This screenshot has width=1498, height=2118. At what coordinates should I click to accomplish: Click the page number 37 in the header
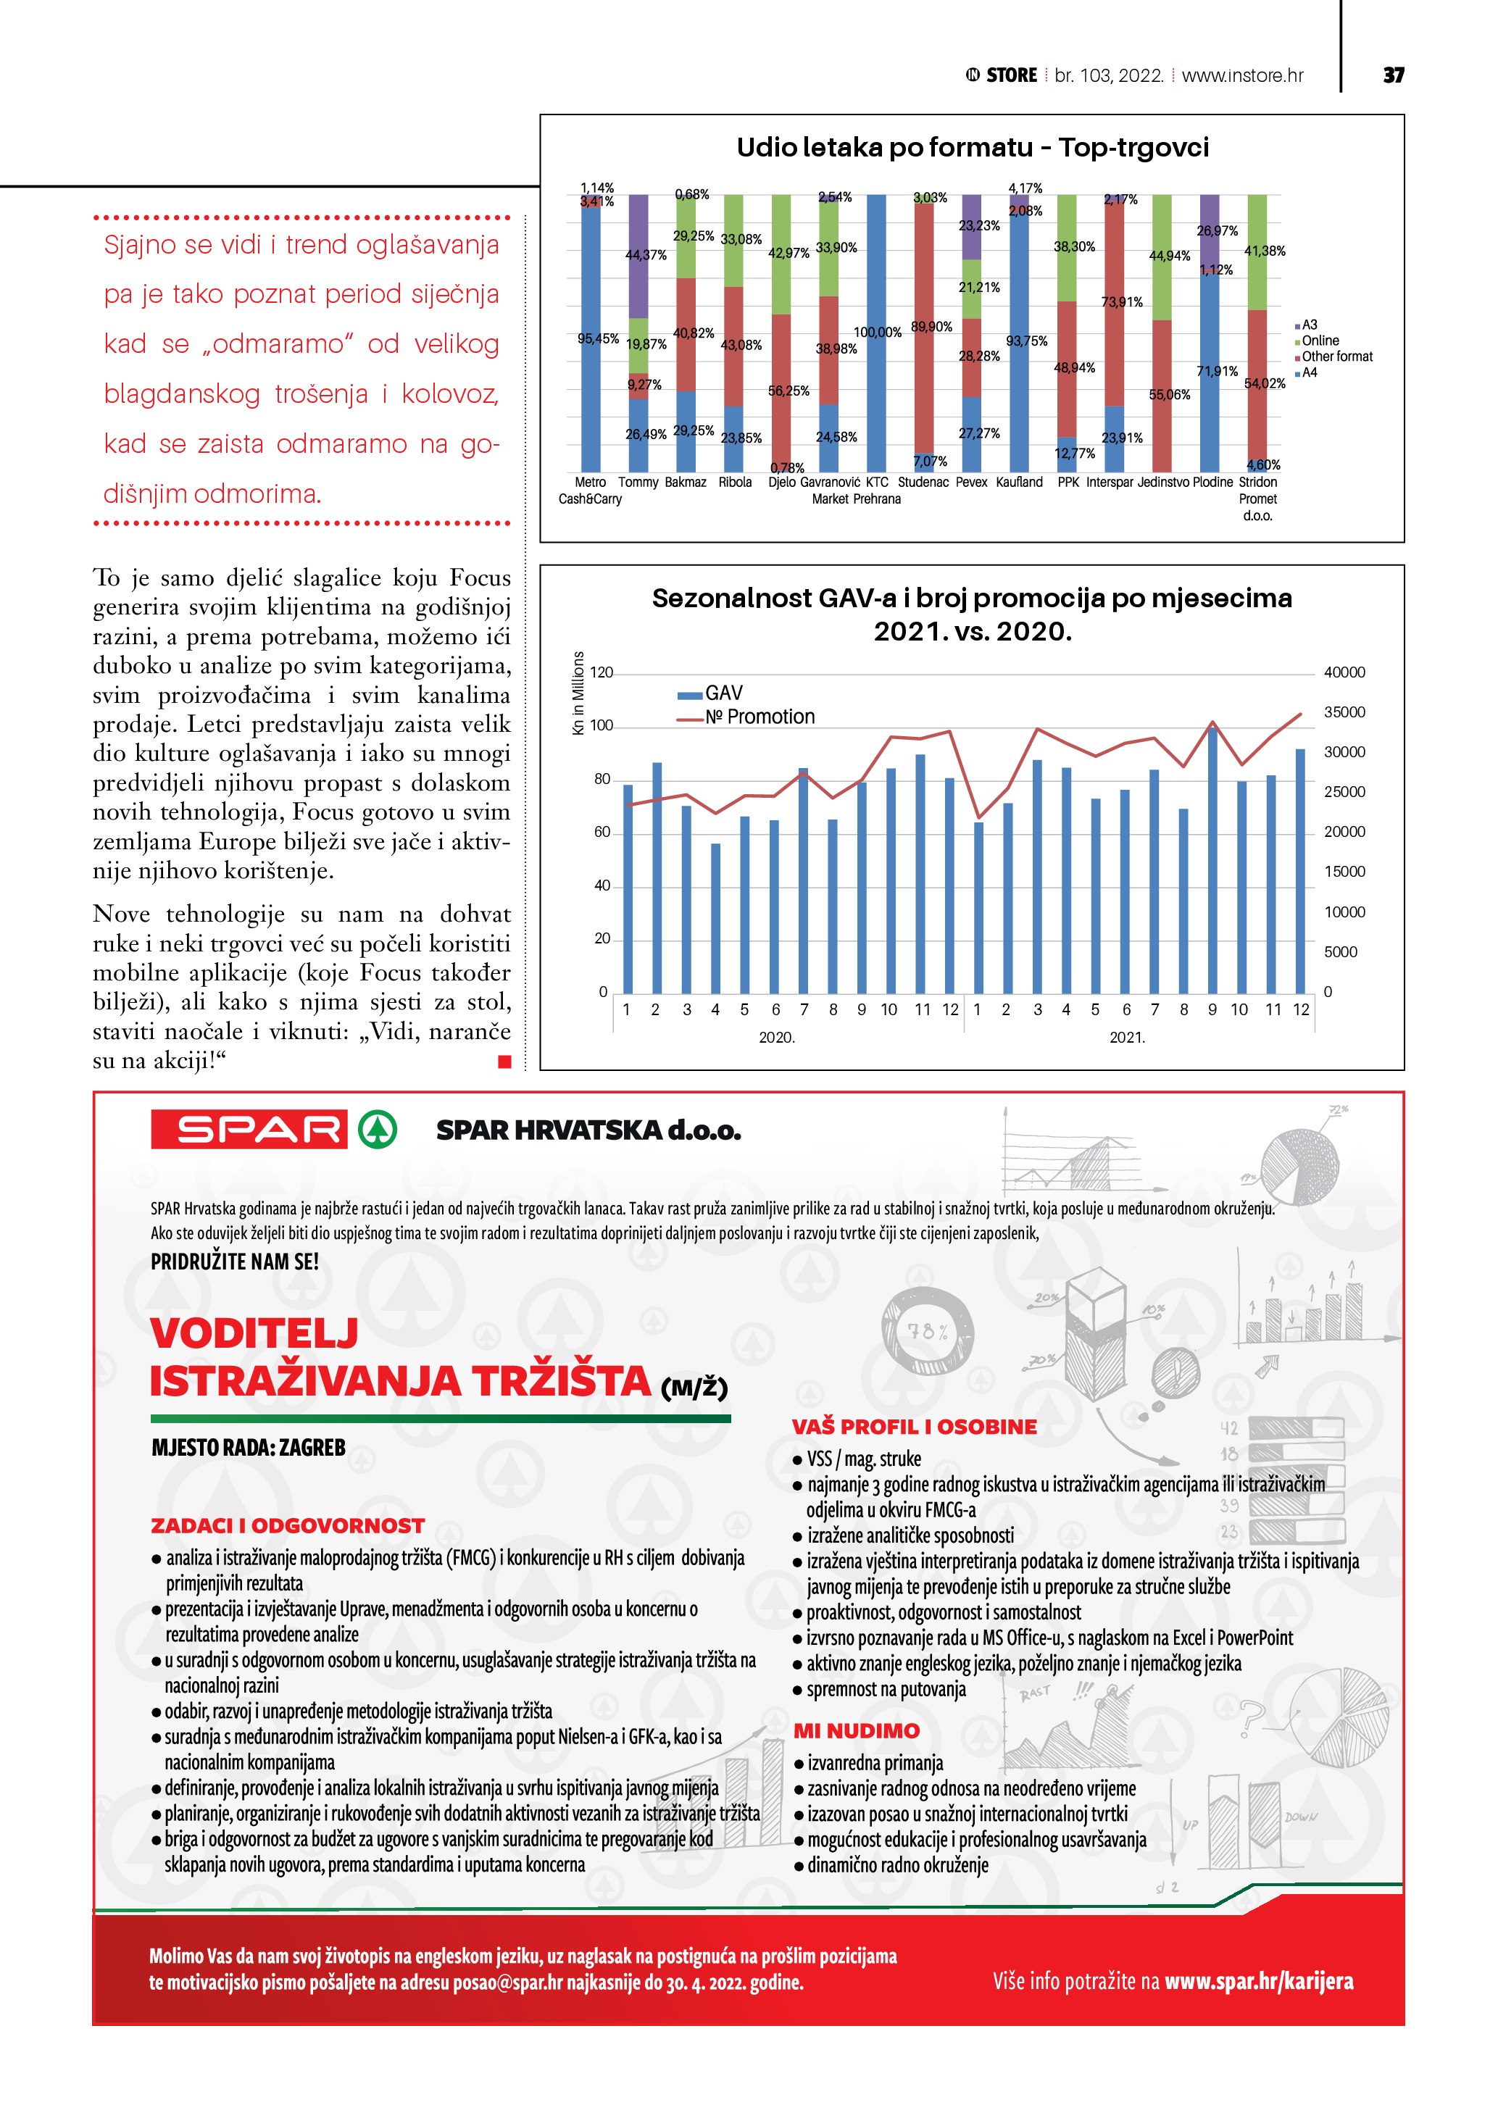pos(1393,75)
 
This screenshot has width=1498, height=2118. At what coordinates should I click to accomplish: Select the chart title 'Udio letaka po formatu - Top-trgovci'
pos(973,148)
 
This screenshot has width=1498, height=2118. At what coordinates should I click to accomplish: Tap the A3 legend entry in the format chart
pos(1309,325)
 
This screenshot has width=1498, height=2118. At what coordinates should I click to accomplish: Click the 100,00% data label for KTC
pos(877,332)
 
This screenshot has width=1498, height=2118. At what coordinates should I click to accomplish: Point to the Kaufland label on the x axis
pos(1019,483)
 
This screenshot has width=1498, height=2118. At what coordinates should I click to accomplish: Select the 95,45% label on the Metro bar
pos(598,338)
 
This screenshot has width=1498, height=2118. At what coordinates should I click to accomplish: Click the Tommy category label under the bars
pos(638,483)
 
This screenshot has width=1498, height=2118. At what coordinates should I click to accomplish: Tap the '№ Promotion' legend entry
pos(760,717)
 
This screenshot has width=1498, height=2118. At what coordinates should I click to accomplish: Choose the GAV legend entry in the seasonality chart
pos(723,693)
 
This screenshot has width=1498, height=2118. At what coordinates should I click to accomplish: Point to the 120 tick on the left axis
pos(602,672)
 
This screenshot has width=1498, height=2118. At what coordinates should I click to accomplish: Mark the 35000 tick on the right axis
pos(1344,712)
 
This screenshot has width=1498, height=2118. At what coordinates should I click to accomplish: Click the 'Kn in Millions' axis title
pos(578,693)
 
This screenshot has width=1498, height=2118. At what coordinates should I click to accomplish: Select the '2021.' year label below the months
pos(1126,1038)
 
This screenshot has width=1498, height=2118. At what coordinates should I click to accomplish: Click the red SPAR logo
pos(249,1129)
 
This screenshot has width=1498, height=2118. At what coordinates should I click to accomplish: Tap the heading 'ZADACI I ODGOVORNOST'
pos(288,1526)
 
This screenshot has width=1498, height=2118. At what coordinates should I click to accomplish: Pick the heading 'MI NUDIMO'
pos(856,1730)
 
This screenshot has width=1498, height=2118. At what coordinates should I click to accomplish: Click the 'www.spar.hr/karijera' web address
pos(1258,1980)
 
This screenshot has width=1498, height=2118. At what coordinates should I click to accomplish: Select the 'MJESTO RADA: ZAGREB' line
pos(248,1447)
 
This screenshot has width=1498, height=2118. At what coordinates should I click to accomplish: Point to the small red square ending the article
pos(504,1062)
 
